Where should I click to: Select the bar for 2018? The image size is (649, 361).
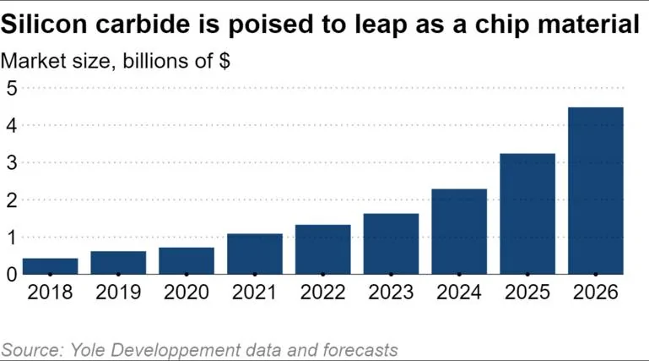click(50, 265)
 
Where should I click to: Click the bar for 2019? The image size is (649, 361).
click(118, 262)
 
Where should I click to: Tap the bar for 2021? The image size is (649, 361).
click(255, 254)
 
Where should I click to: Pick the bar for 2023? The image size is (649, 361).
click(391, 243)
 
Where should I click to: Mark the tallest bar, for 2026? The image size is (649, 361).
click(596, 190)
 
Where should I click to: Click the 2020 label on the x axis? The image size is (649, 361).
click(187, 293)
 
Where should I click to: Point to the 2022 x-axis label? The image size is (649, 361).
click(322, 293)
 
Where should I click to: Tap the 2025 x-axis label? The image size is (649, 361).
click(527, 293)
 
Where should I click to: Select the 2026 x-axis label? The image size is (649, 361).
click(596, 293)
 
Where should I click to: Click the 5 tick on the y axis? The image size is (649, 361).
click(12, 88)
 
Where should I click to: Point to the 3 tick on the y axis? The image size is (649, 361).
click(12, 162)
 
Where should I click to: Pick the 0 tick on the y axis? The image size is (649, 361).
click(12, 274)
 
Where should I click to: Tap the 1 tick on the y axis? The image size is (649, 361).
click(12, 237)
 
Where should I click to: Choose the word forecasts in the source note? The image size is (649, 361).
click(355, 349)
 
